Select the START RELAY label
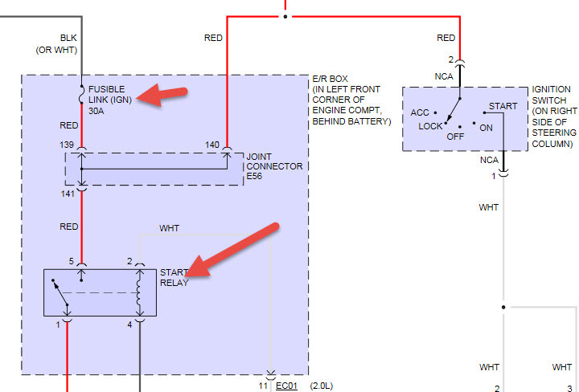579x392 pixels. pyautogui.click(x=175, y=277)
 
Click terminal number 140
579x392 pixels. pyautogui.click(x=212, y=144)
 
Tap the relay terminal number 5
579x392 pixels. pyautogui.click(x=72, y=261)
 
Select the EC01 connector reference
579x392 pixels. pyautogui.click(x=287, y=386)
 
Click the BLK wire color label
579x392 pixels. pyautogui.click(x=69, y=38)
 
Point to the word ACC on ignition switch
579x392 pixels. pyautogui.click(x=420, y=113)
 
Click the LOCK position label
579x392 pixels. pyautogui.click(x=430, y=127)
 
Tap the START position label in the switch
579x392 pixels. pyautogui.click(x=503, y=106)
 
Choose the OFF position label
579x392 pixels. pyautogui.click(x=457, y=137)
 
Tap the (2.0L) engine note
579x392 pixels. pyautogui.click(x=321, y=386)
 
